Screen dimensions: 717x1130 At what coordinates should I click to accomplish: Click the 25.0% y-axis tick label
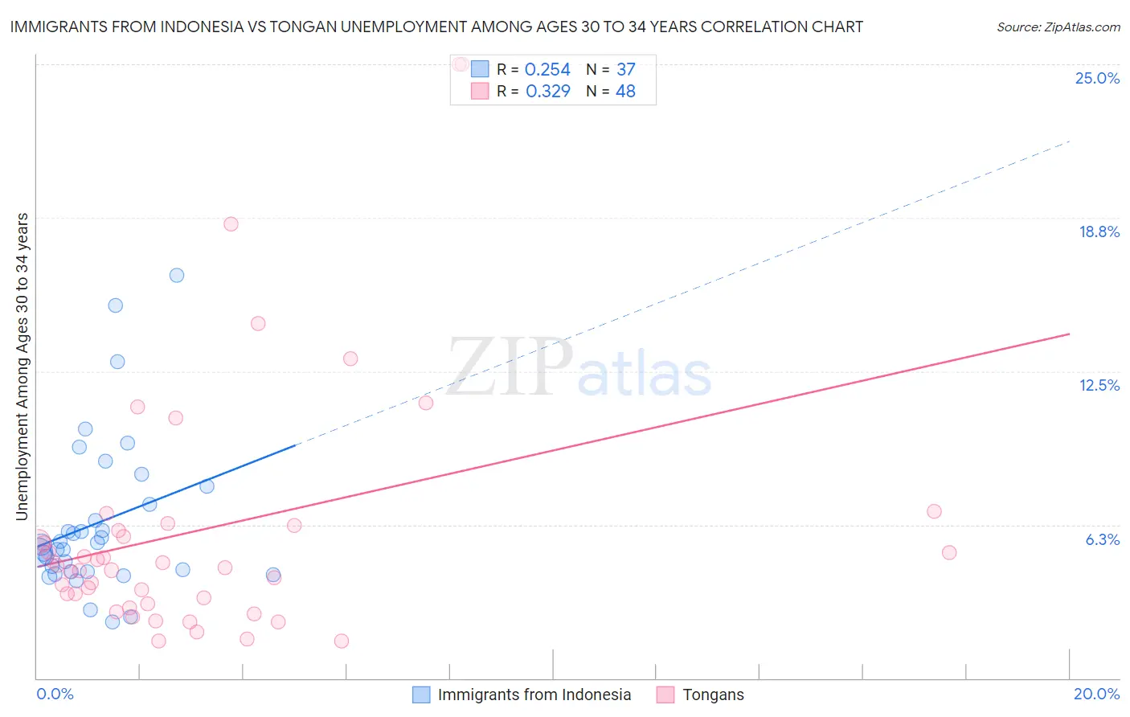(1097, 78)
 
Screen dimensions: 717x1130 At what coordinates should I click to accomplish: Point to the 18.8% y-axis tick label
(1099, 231)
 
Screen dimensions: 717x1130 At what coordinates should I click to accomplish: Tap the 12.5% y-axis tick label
(1099, 385)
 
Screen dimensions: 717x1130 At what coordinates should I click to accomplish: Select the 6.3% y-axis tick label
(1102, 539)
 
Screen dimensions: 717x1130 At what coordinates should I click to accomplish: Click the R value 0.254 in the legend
(547, 70)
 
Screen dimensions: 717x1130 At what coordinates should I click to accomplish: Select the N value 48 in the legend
(625, 92)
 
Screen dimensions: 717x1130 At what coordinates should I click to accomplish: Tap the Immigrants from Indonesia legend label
(534, 694)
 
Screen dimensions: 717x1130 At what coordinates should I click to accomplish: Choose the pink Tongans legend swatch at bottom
(665, 694)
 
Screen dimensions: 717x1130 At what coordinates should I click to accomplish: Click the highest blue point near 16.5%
(177, 275)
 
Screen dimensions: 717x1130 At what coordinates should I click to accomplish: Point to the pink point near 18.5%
(231, 224)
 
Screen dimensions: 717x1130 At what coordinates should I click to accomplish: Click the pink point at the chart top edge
(461, 64)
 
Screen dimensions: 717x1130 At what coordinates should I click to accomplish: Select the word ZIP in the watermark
(510, 367)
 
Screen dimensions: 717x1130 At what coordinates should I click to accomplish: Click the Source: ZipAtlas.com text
(1058, 27)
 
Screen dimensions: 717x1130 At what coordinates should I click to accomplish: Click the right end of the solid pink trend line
(1069, 334)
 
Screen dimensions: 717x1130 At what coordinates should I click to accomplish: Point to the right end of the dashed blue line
(1069, 141)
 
